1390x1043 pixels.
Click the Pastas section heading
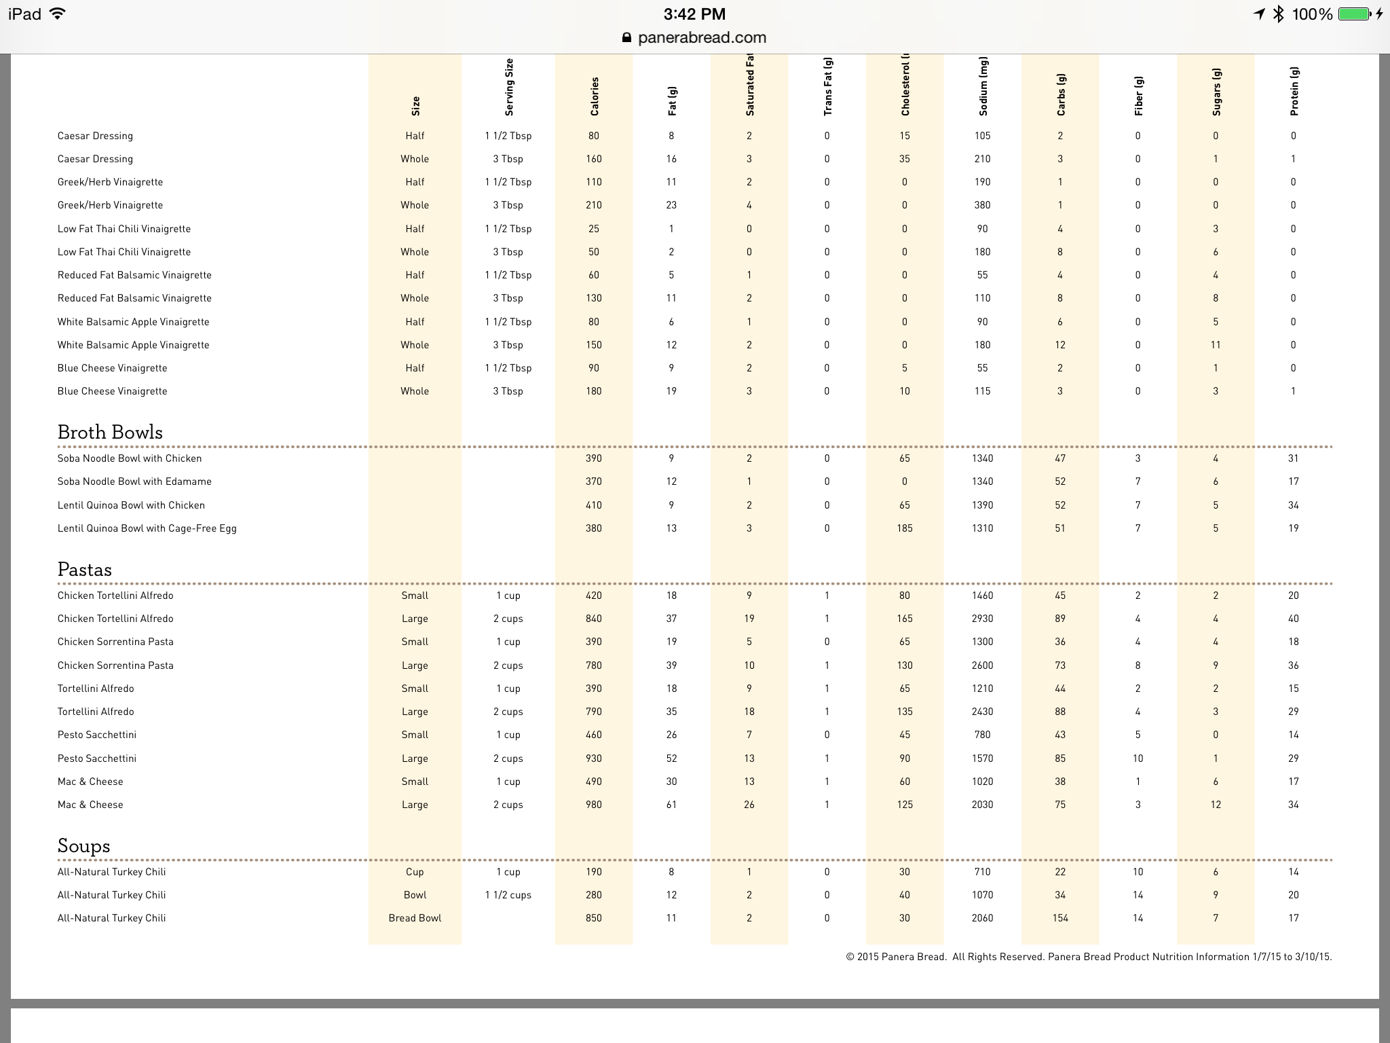(85, 570)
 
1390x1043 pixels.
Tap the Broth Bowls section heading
(110, 433)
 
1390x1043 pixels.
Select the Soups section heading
(83, 846)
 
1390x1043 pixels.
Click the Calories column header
(595, 96)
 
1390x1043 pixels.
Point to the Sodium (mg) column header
(983, 88)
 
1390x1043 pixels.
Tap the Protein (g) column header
(1294, 92)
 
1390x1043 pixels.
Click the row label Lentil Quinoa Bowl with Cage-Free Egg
(147, 528)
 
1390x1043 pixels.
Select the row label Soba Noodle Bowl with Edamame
(134, 481)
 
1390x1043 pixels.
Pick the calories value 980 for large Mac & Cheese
(594, 805)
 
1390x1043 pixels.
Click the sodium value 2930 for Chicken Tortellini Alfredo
(982, 619)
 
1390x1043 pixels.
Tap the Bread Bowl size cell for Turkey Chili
(415, 918)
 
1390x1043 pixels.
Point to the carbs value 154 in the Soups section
(1060, 918)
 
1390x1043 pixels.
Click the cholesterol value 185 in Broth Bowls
(905, 528)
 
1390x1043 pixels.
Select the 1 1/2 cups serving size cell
(508, 895)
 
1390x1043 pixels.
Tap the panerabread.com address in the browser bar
(702, 38)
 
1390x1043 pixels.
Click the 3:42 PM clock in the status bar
(694, 14)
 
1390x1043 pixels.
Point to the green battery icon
(1354, 14)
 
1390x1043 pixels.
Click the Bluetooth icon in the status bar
(1279, 14)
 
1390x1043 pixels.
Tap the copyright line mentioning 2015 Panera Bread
(1089, 957)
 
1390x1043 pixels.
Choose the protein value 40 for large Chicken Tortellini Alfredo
(1294, 619)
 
